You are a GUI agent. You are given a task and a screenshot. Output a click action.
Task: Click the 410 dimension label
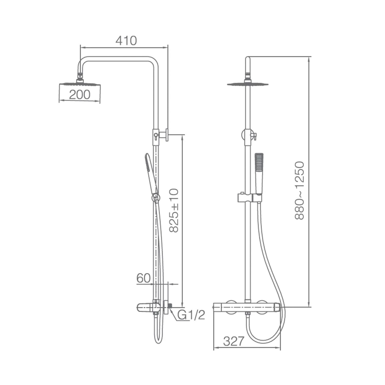pos(126,41)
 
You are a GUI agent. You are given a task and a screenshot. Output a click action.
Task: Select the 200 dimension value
pos(80,95)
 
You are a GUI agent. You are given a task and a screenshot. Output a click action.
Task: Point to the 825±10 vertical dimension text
pos(174,210)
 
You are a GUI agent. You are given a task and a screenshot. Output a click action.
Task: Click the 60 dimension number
pos(143,278)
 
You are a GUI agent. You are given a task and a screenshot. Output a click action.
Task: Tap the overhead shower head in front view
pos(248,84)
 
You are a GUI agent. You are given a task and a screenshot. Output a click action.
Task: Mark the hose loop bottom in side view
pos(158,342)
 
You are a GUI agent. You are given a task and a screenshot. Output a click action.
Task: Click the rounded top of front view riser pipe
pos(248,59)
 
